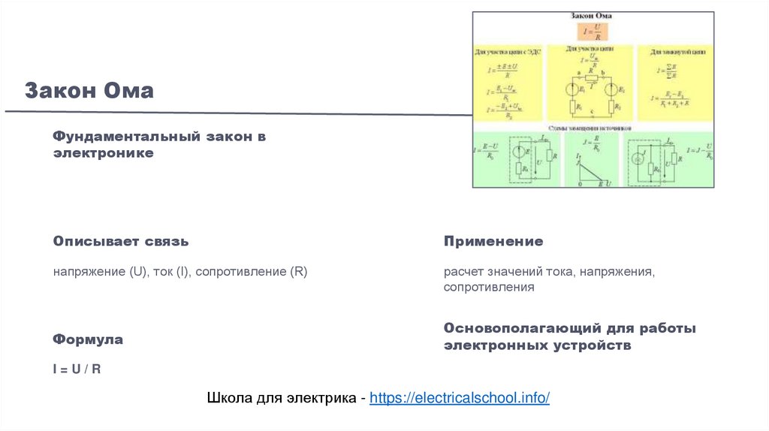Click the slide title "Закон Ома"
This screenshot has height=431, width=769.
89,91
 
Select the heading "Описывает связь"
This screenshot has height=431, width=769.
120,242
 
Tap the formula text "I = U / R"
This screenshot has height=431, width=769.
77,369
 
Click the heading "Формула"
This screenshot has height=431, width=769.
88,339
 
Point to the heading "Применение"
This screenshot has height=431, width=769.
493,242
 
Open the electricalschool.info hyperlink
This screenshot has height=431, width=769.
460,398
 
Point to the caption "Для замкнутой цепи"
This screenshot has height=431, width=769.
675,53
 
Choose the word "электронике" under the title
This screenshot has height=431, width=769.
103,152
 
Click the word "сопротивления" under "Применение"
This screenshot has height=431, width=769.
488,288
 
